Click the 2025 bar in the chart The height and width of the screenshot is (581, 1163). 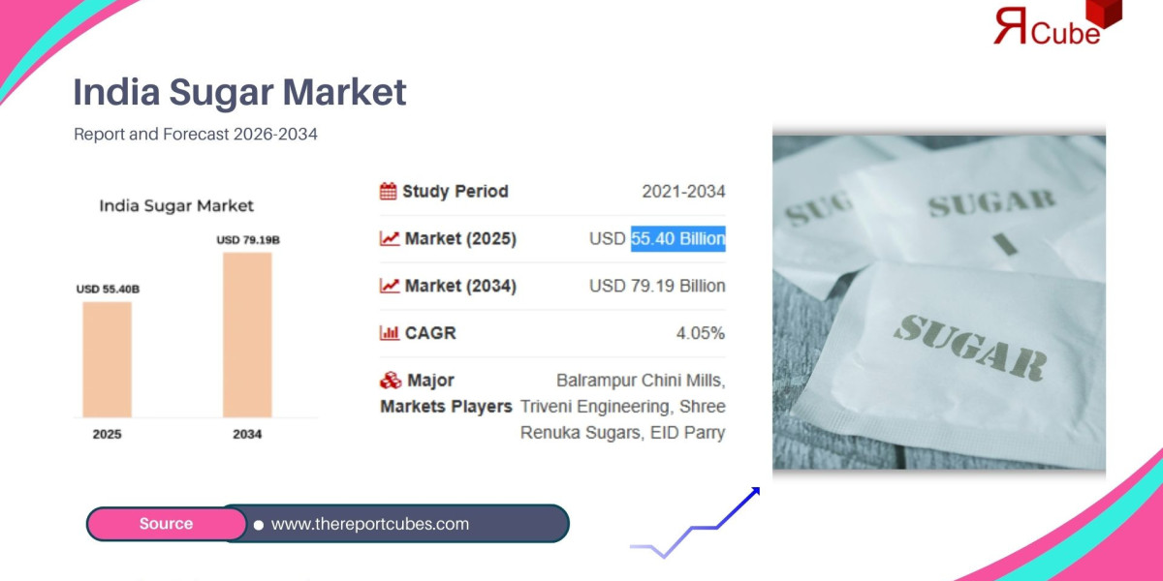point(107,359)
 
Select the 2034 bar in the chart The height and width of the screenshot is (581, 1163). point(247,334)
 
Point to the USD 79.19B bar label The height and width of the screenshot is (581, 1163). point(248,239)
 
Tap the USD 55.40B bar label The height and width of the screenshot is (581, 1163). point(108,289)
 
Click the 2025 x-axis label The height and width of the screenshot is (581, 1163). point(107,435)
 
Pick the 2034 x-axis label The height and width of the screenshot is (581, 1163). point(247,435)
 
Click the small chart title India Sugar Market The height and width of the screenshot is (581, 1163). point(176,205)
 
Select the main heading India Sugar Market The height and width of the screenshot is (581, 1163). point(239,93)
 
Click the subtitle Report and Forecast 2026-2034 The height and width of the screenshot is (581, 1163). point(195,135)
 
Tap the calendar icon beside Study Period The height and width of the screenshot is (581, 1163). point(388,191)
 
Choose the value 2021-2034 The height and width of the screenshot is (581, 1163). point(683,192)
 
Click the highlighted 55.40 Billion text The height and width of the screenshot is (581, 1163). point(677,238)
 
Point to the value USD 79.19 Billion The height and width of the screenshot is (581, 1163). point(657,286)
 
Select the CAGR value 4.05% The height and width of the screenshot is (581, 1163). point(700,333)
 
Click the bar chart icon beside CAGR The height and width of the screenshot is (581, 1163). point(389,333)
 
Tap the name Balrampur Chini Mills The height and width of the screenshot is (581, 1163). point(641,380)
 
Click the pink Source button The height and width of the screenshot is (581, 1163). point(166,524)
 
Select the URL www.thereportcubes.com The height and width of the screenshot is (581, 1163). point(369,524)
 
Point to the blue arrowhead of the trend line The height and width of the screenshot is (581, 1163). point(752,494)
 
